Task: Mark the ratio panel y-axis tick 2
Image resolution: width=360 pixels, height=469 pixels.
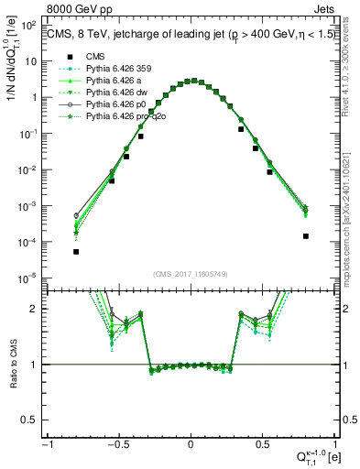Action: [x=36, y=309]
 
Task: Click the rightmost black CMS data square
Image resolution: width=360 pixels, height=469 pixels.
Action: [x=305, y=235]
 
